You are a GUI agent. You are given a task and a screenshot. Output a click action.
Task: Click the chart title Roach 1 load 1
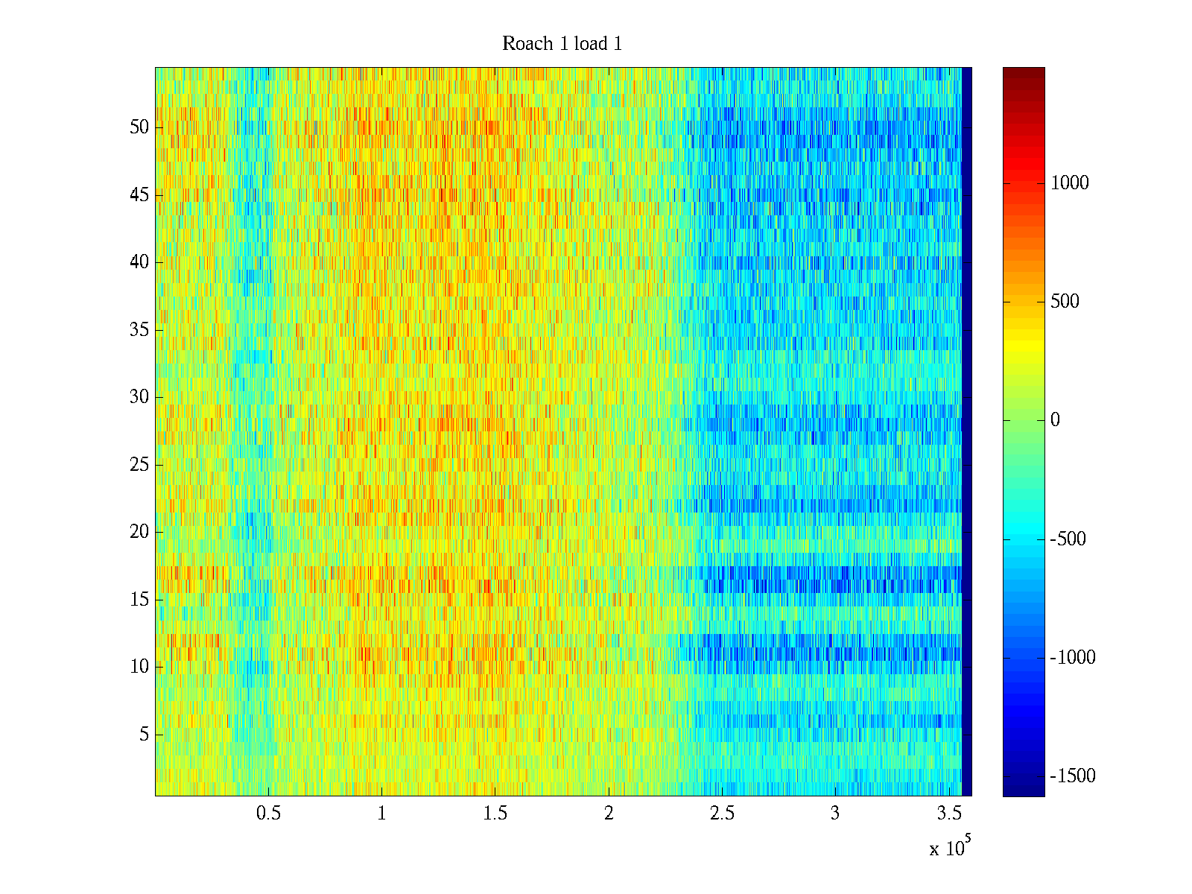[x=562, y=44]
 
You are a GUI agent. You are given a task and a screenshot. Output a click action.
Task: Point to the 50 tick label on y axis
[x=139, y=127]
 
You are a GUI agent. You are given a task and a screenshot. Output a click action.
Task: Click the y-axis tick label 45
[x=139, y=195]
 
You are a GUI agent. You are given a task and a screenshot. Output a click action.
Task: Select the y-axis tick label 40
[x=139, y=262]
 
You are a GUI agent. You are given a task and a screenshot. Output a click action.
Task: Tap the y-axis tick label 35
[x=139, y=330]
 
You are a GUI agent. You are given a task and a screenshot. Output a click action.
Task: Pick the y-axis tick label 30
[x=139, y=397]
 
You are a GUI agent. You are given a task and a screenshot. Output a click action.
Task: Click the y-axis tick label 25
[x=139, y=465]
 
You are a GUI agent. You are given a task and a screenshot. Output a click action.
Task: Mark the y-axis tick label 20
[x=139, y=532]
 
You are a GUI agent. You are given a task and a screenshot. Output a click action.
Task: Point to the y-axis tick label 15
[x=139, y=600]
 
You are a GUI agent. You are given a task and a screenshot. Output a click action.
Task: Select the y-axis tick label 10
[x=139, y=667]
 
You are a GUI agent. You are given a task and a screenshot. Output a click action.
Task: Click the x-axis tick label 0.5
[x=268, y=814]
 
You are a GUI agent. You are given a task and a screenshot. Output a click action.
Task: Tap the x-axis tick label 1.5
[x=495, y=814]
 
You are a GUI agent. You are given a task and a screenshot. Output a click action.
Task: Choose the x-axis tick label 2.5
[x=722, y=814]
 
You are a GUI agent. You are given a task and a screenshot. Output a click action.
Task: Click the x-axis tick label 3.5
[x=948, y=814]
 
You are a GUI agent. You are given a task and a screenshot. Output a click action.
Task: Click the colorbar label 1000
[x=1069, y=183]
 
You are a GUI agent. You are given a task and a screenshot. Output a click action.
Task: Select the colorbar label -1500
[x=1073, y=776]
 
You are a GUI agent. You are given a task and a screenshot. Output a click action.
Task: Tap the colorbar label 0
[x=1055, y=420]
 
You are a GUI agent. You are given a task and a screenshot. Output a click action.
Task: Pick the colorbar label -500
[x=1068, y=539]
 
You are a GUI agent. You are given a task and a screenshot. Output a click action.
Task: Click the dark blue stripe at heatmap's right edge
[x=966, y=432]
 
